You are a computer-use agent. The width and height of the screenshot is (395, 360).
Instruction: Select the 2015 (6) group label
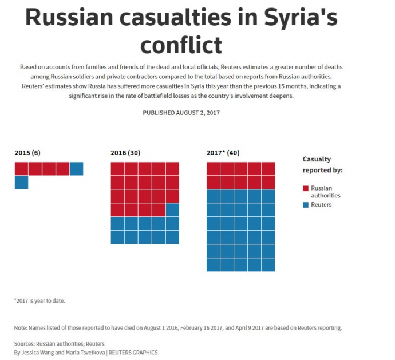pos(27,153)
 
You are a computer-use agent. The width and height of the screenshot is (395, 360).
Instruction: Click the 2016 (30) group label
pos(125,153)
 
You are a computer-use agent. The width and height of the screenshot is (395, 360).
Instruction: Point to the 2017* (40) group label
pos(223,153)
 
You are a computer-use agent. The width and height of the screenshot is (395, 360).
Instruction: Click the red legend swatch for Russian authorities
pos(306,188)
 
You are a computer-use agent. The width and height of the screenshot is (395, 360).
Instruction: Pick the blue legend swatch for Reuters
pos(306,204)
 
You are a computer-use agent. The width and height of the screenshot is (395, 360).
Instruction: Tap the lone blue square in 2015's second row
pos(21,182)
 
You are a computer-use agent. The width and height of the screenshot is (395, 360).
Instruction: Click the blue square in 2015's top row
pos(76,168)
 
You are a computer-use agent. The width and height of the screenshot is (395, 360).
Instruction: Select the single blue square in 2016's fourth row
pos(172,209)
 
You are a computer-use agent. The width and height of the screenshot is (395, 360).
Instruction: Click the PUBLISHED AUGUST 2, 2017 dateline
pos(181,113)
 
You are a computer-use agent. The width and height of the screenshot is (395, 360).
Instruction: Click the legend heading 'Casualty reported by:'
pos(322,165)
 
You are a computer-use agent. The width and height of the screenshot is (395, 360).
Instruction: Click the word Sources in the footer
pos(25,344)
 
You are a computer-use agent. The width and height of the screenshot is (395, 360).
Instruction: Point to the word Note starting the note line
pos(21,328)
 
